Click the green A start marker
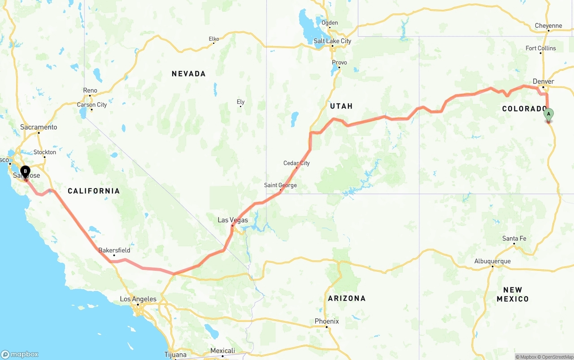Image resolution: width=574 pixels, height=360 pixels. pyautogui.click(x=548, y=114)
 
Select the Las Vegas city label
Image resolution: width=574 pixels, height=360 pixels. pyautogui.click(x=233, y=220)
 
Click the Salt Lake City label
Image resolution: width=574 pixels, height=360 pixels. pyautogui.click(x=332, y=41)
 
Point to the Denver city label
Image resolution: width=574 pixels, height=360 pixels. pyautogui.click(x=544, y=82)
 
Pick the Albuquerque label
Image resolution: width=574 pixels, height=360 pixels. pyautogui.click(x=492, y=261)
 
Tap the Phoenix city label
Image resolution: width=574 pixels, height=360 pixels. pyautogui.click(x=327, y=321)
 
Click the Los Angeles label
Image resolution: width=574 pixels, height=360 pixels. pyautogui.click(x=138, y=299)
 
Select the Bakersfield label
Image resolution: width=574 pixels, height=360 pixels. pyautogui.click(x=114, y=250)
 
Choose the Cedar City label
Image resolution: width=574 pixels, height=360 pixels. pyautogui.click(x=296, y=163)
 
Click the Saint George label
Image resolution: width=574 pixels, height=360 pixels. pyautogui.click(x=280, y=185)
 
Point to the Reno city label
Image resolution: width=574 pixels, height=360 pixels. pyautogui.click(x=90, y=91)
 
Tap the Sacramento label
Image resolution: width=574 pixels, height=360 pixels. pyautogui.click(x=39, y=127)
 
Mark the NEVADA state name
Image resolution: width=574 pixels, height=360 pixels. pyautogui.click(x=188, y=74)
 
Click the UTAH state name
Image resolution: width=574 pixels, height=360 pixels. pyautogui.click(x=341, y=106)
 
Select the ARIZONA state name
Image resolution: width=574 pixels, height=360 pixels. pyautogui.click(x=347, y=298)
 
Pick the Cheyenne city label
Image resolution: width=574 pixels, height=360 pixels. pyautogui.click(x=548, y=26)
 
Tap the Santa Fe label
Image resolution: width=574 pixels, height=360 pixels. pyautogui.click(x=514, y=239)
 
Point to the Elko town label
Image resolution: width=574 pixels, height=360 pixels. pyautogui.click(x=214, y=39)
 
